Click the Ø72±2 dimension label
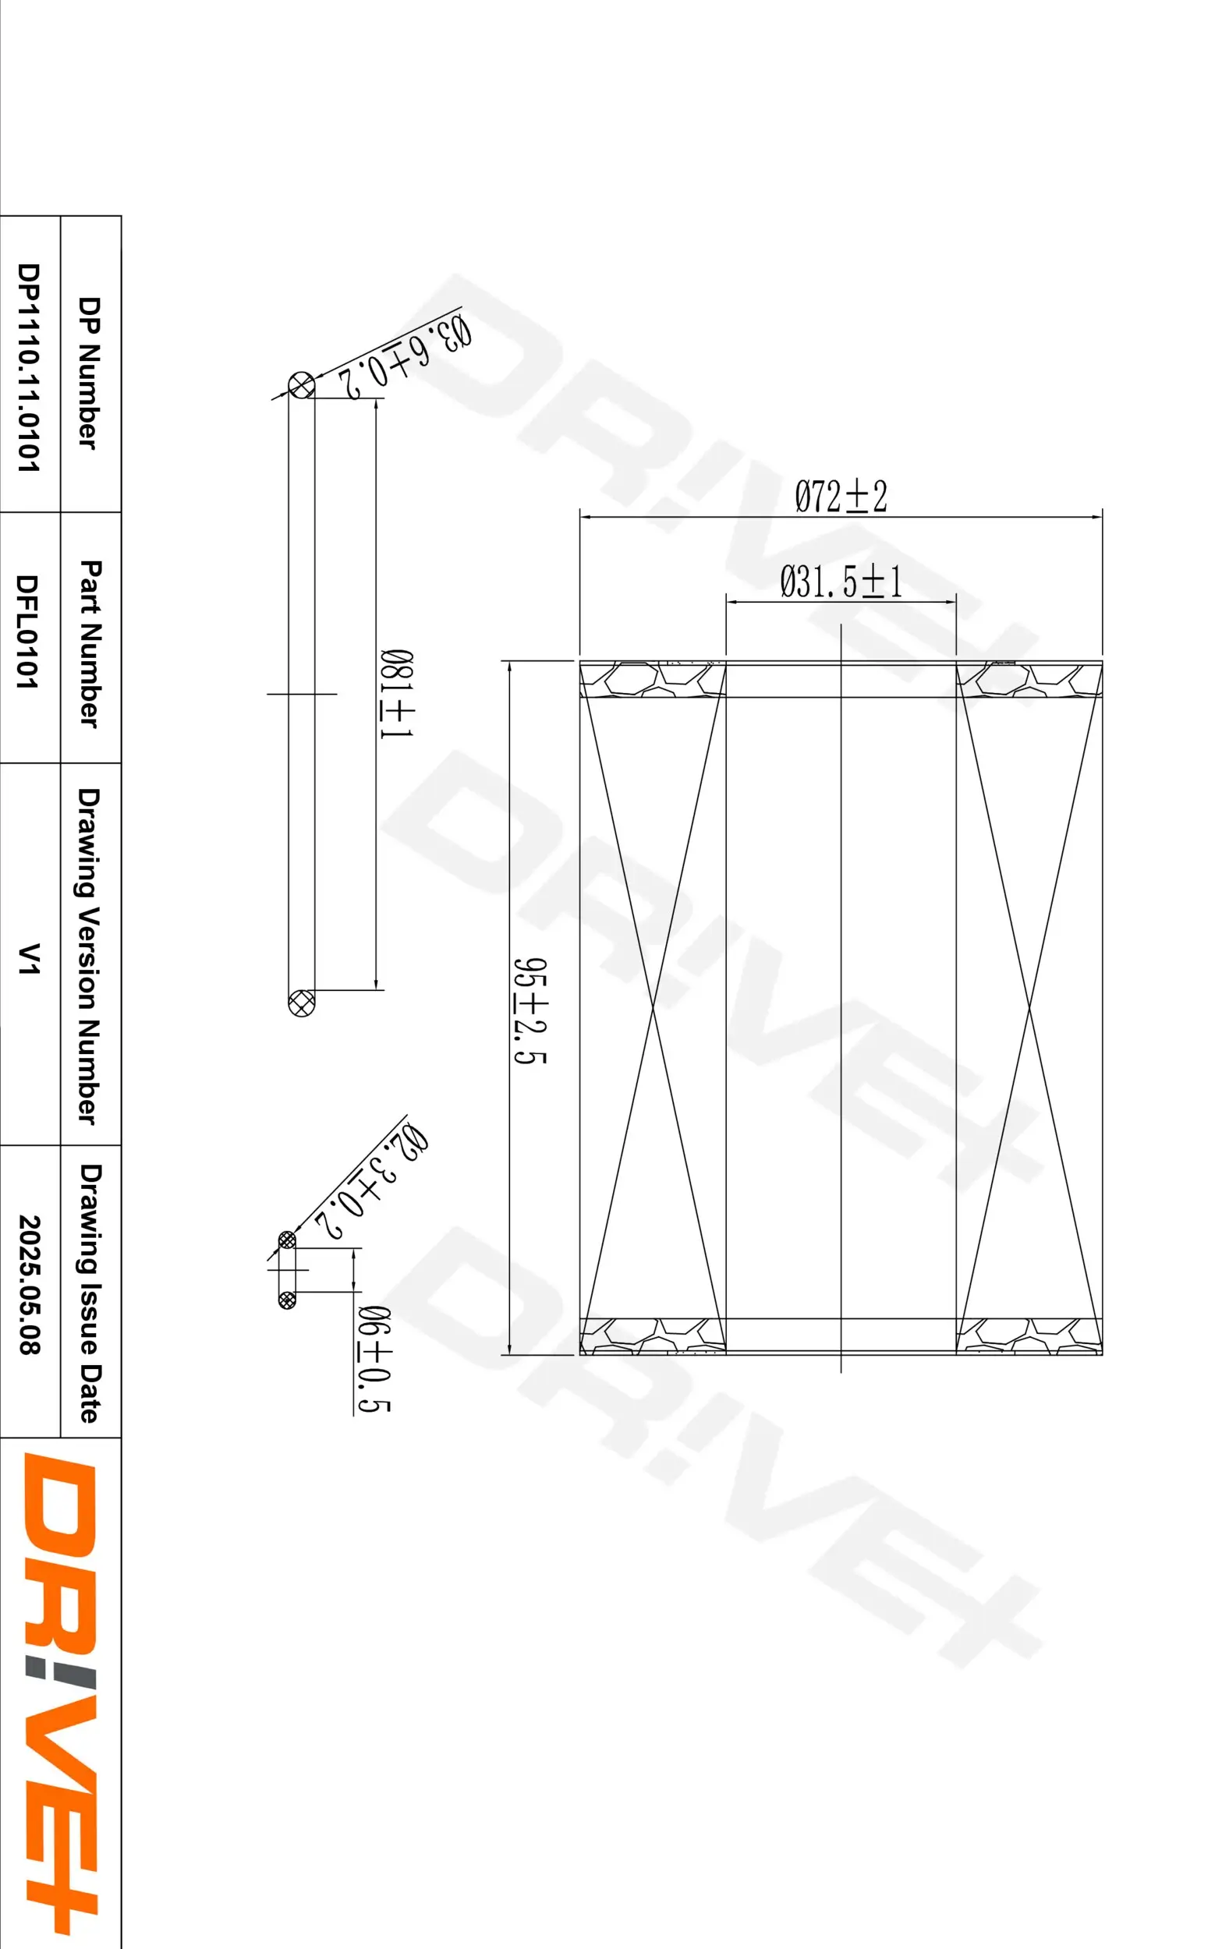841,496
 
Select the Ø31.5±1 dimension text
841,582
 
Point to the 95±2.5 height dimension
531,1010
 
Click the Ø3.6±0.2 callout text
404,356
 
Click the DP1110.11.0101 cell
28,367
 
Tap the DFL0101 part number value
28,631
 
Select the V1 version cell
28,958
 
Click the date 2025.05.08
28,1284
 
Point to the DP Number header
89,373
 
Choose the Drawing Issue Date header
89,1293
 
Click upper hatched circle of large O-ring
302,385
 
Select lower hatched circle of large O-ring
302,1003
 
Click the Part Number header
89,643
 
